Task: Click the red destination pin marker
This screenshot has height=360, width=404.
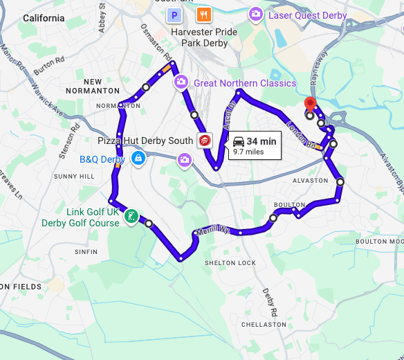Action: [x=310, y=105]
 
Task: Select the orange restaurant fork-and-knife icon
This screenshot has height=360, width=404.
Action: [x=204, y=15]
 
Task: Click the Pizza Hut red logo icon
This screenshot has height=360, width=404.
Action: [x=204, y=141]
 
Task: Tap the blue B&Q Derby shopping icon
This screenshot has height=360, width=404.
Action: [x=139, y=159]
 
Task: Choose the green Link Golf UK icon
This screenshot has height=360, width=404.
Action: [x=130, y=217]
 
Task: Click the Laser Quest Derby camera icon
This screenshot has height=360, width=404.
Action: [x=256, y=13]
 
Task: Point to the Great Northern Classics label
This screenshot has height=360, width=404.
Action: [x=244, y=83]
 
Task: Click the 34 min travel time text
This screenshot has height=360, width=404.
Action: [x=261, y=141]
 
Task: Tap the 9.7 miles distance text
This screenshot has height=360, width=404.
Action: [x=248, y=151]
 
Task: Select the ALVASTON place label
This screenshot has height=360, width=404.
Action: [x=311, y=181]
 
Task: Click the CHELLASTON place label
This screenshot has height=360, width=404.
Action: [x=264, y=324]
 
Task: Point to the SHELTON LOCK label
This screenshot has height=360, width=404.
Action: [x=230, y=263]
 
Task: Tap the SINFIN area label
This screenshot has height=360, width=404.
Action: [x=86, y=252]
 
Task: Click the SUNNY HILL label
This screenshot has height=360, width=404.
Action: [x=74, y=177]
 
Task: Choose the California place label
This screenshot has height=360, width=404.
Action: [x=44, y=19]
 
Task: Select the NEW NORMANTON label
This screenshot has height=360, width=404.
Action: [x=93, y=86]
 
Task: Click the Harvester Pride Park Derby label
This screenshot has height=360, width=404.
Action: [x=205, y=37]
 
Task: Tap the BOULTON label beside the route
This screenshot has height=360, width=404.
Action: [x=289, y=205]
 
